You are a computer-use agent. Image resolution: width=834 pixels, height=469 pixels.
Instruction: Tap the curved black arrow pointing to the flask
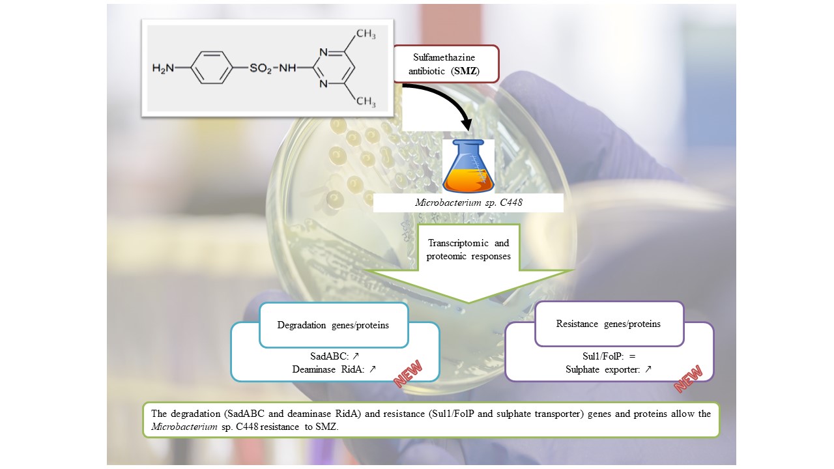pyautogui.click(x=443, y=104)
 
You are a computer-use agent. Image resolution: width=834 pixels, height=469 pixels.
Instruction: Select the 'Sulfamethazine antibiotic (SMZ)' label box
pyautogui.click(x=446, y=64)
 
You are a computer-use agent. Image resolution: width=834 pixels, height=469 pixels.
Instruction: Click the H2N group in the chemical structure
pyautogui.click(x=163, y=68)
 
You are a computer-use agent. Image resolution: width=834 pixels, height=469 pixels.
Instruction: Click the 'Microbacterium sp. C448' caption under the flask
pyautogui.click(x=468, y=202)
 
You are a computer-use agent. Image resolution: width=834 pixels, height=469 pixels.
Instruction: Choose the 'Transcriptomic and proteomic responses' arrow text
pyautogui.click(x=468, y=249)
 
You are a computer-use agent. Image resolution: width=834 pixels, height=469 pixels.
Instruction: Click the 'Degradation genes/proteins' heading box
pyautogui.click(x=333, y=324)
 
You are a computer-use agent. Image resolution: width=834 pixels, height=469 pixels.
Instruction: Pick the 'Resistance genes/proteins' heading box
pyautogui.click(x=609, y=324)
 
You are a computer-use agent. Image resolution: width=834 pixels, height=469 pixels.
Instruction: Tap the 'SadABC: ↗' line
pyautogui.click(x=334, y=357)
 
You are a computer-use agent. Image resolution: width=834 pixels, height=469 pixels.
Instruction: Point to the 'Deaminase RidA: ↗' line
pyautogui.click(x=334, y=369)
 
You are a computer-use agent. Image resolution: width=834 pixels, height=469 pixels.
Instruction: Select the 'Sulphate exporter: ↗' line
pyautogui.click(x=609, y=369)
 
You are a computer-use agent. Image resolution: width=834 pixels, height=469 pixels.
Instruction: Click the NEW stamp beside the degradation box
pyautogui.click(x=408, y=375)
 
